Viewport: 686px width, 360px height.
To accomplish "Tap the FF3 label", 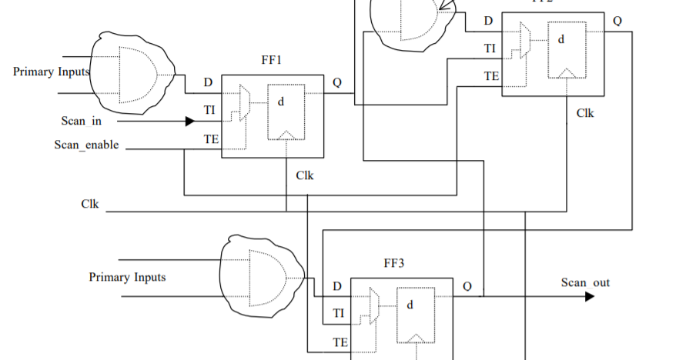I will pos(393,263).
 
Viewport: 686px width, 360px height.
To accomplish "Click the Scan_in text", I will pos(82,121).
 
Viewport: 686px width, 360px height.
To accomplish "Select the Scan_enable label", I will pos(87,145).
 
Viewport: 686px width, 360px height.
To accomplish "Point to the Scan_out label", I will pos(585,282).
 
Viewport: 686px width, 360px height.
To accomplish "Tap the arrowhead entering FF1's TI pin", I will pos(189,121).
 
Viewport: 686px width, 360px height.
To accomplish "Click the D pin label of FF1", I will pos(208,82).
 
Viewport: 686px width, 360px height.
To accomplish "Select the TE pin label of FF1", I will pos(209,139).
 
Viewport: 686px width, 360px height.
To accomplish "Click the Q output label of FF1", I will pos(337,82).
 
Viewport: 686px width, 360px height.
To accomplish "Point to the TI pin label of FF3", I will pos(338,314).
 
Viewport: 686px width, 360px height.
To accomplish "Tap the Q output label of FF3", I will pos(467,286).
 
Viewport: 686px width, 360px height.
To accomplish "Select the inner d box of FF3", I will pos(416,315).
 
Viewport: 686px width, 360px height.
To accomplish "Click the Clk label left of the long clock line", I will pos(90,204).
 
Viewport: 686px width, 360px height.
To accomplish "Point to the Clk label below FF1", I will pos(305,175).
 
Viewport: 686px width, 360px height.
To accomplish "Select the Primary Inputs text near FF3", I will pos(127,277).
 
